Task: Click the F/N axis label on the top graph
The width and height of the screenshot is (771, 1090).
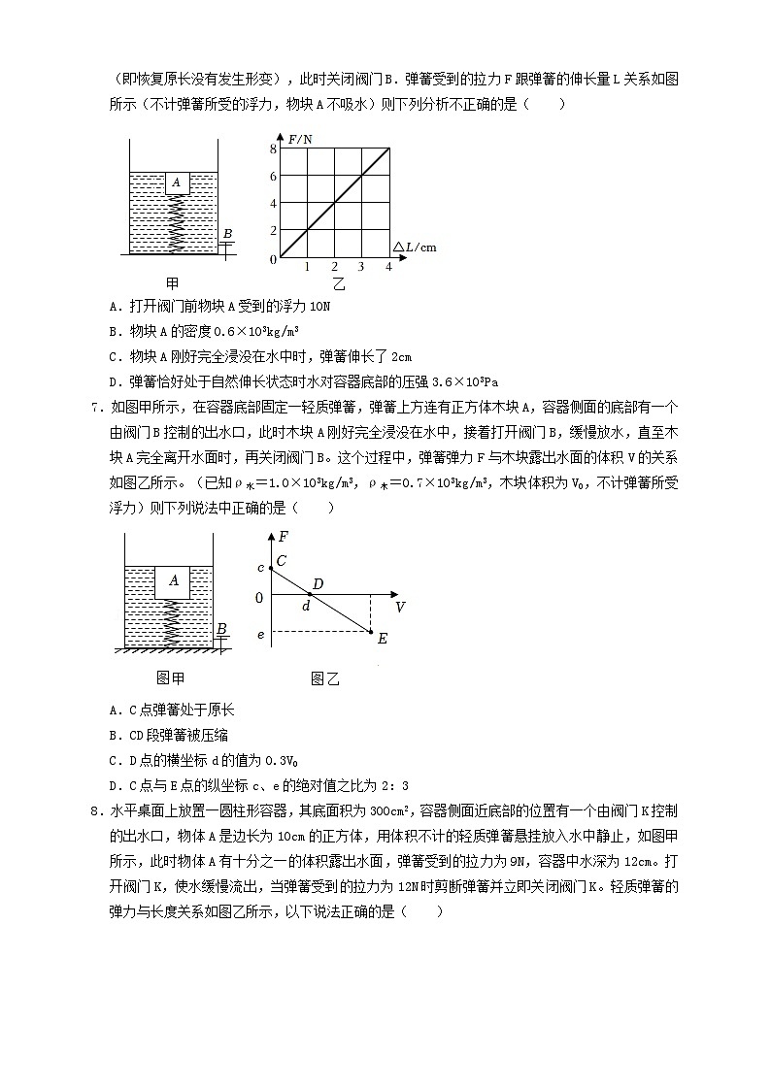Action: point(301,140)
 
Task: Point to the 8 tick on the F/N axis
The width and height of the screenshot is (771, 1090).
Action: point(274,149)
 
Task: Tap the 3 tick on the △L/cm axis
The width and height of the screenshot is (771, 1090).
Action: point(361,267)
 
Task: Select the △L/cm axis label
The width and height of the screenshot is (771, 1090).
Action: point(415,247)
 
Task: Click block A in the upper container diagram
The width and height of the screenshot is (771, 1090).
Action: point(178,182)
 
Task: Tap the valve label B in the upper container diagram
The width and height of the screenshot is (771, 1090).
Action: point(228,234)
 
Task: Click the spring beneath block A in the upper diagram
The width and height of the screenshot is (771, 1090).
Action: point(179,223)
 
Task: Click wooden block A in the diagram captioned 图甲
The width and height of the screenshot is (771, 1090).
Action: point(174,580)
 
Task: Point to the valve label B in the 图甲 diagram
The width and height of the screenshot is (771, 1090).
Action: point(222,629)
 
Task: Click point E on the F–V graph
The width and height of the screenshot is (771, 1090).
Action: point(381,637)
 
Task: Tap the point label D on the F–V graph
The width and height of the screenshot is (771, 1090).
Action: point(317,585)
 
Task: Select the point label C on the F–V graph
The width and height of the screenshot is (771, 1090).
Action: point(282,560)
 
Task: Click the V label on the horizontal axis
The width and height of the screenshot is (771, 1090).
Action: point(400,607)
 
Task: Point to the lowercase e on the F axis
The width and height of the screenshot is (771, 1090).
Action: point(259,635)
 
